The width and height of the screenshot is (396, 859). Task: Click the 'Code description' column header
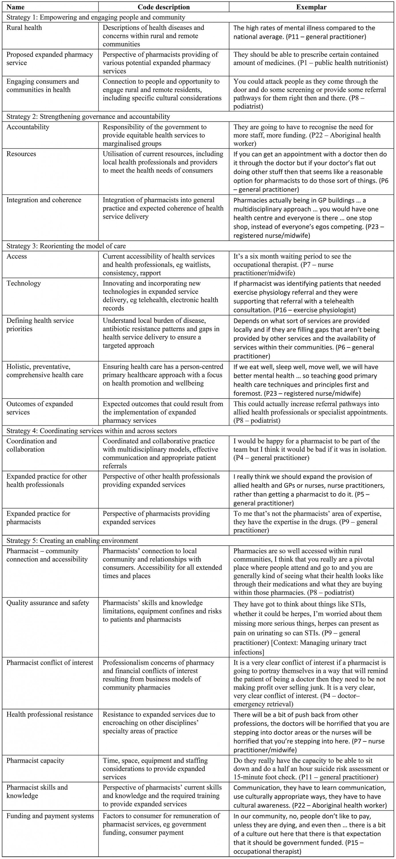pyautogui.click(x=164, y=7)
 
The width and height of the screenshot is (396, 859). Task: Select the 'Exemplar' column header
pyautogui.click(x=311, y=7)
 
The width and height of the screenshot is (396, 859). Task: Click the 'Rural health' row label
pyautogui.click(x=24, y=28)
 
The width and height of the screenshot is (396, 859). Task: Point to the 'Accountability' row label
pyautogui.click(x=28, y=127)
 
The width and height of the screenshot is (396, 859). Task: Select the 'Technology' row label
pyautogui.click(x=24, y=283)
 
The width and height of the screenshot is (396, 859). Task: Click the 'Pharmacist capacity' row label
pyautogui.click(x=35, y=761)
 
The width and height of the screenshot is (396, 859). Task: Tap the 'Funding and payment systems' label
pyautogui.click(x=50, y=816)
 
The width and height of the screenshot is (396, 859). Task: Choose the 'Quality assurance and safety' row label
pyautogui.click(x=48, y=603)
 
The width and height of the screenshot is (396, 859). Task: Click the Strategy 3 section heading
pyautogui.click(x=66, y=246)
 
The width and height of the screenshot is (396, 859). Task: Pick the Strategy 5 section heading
pyautogui.click(x=72, y=541)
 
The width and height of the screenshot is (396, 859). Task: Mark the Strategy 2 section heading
pyautogui.click(x=88, y=117)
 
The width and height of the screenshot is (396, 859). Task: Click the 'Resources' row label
pyautogui.click(x=21, y=154)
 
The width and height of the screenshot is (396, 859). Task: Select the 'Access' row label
pyautogui.click(x=17, y=257)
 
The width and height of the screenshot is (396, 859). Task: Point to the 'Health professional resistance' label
pyautogui.click(x=50, y=715)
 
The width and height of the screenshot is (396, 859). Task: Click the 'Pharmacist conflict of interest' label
pyautogui.click(x=50, y=663)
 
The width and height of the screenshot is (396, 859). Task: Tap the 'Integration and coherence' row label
pyautogui.click(x=44, y=200)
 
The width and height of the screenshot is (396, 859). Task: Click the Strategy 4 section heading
pyautogui.click(x=91, y=431)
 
